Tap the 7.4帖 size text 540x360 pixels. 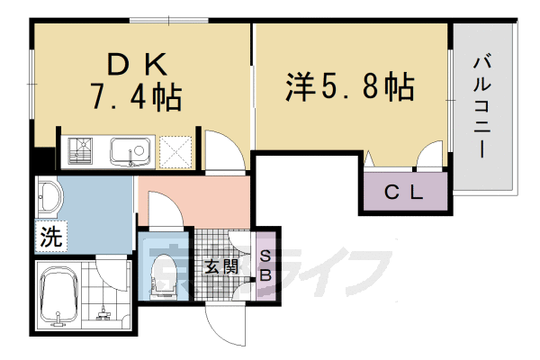click(136, 95)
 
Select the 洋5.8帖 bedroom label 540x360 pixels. click(350, 87)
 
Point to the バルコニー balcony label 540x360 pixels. click(483, 106)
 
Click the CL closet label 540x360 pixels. click(404, 192)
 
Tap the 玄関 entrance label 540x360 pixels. click(220, 267)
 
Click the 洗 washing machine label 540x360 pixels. click(51, 238)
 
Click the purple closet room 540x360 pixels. click(404, 192)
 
